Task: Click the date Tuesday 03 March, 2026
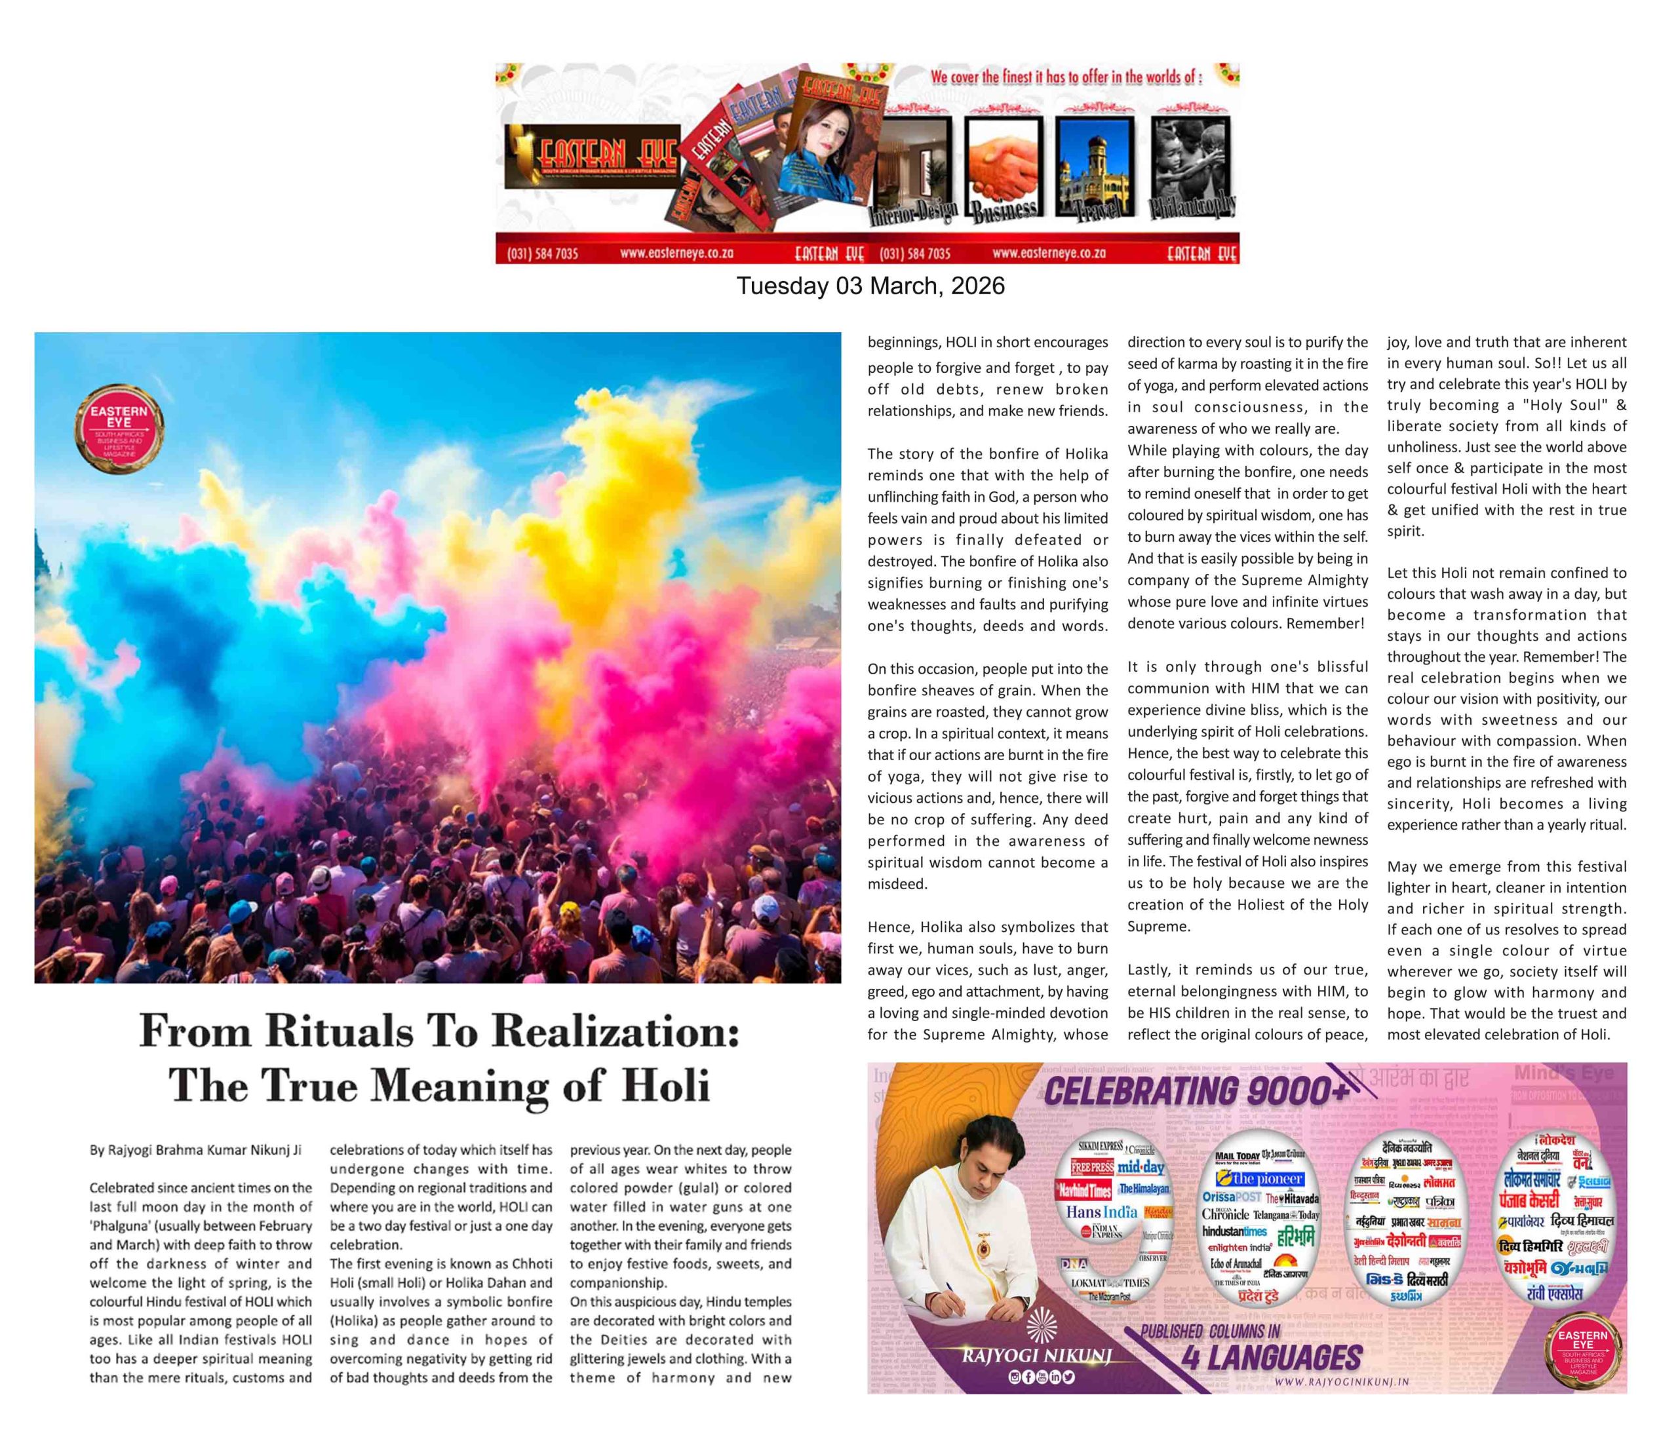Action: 870,286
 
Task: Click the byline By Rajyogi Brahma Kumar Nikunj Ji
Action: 195,1151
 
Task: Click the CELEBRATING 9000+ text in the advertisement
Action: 1197,1092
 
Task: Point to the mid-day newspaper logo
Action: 1141,1168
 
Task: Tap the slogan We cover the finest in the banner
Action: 1066,78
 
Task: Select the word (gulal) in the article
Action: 707,1188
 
